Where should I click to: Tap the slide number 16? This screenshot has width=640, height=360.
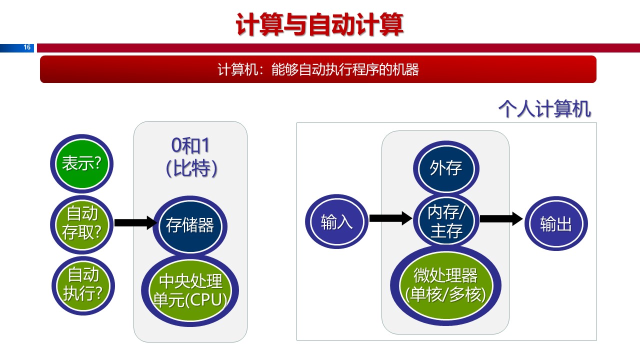click(x=27, y=47)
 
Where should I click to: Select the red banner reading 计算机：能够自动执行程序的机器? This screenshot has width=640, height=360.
click(x=318, y=69)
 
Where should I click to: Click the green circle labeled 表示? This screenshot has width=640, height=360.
click(x=81, y=164)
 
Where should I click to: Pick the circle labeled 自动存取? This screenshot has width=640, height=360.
click(x=82, y=223)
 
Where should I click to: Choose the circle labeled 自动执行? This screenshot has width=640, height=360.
click(x=82, y=284)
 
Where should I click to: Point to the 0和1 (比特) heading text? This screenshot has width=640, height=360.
click(x=190, y=157)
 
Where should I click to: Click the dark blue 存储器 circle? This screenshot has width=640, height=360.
click(x=190, y=225)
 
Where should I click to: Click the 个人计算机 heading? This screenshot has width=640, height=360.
click(x=544, y=109)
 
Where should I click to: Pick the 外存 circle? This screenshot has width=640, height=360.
click(x=445, y=168)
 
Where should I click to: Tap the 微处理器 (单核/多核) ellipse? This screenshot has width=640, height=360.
click(x=445, y=285)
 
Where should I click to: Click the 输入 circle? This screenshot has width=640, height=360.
click(x=336, y=222)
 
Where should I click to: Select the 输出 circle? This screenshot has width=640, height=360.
click(x=555, y=224)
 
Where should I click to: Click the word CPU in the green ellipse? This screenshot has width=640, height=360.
click(x=209, y=299)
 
